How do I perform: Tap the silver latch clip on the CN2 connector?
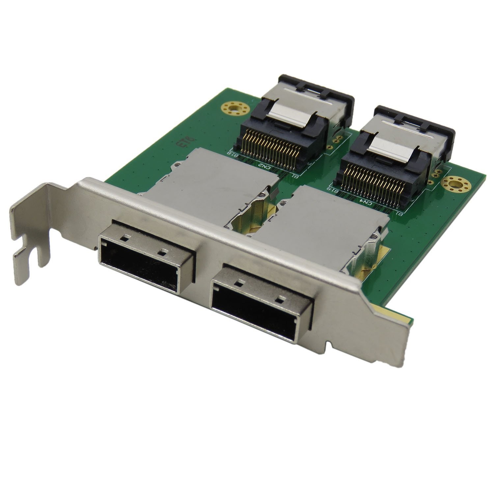290,117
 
